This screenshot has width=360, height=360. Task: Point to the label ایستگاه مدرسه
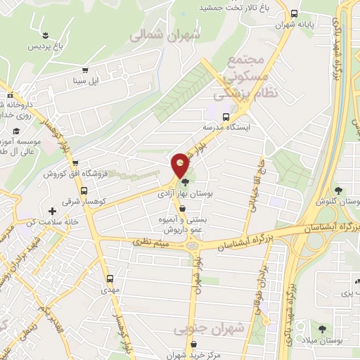(x=227, y=128)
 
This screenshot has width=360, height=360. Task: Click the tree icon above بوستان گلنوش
(x=339, y=191)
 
